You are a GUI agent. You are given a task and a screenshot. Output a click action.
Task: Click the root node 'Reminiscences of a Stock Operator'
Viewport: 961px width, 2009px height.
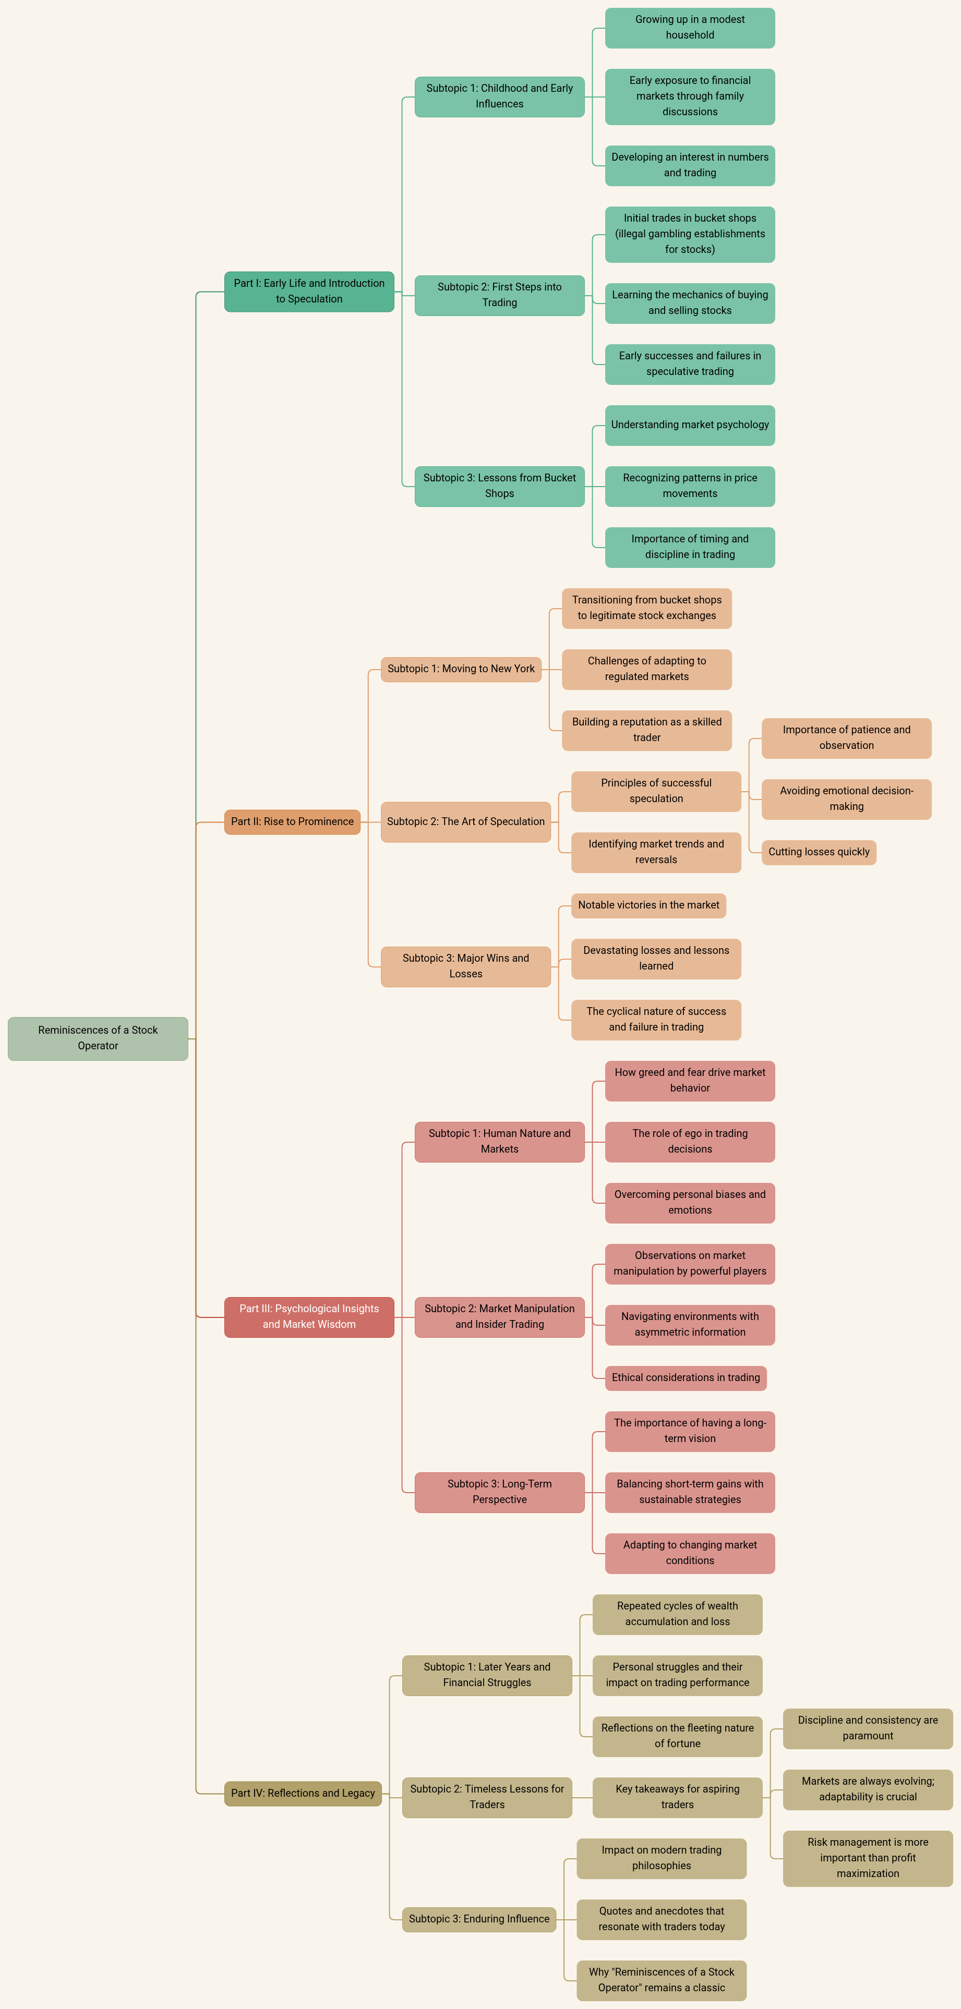[x=98, y=1038]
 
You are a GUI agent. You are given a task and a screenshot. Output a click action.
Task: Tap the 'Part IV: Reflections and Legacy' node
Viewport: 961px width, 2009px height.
[x=303, y=1793]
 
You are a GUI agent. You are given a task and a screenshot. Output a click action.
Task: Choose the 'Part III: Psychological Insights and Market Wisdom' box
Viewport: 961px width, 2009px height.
[x=309, y=1316]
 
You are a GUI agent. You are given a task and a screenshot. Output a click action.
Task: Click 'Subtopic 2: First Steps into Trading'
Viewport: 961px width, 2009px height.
[x=499, y=295]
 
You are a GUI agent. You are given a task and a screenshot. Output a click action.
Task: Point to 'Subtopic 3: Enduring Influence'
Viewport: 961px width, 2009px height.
[x=478, y=1919]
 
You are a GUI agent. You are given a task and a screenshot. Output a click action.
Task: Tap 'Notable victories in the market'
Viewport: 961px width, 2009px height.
[x=648, y=905]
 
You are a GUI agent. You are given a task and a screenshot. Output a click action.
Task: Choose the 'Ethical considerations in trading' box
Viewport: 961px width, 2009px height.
[x=685, y=1377]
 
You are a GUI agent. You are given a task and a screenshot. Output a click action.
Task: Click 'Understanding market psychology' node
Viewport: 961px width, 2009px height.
[x=690, y=425]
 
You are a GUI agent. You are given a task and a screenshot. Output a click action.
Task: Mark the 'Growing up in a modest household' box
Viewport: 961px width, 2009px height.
[x=690, y=27]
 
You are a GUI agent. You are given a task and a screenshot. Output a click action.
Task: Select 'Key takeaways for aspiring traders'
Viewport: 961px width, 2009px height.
[x=677, y=1797]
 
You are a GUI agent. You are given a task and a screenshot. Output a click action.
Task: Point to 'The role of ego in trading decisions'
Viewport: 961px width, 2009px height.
[x=690, y=1141]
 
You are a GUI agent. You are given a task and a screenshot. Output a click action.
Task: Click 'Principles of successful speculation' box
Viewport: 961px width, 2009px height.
[x=655, y=791]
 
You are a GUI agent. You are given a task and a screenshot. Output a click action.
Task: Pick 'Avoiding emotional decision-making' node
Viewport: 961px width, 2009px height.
[x=846, y=798]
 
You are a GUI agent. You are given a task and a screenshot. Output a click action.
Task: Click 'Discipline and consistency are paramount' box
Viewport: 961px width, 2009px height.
[x=868, y=1727]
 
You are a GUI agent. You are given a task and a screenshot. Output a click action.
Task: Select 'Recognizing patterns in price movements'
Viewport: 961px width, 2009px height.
[x=690, y=486]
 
